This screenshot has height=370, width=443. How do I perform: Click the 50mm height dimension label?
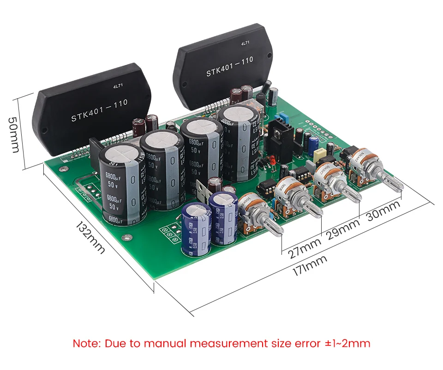coord(14,134)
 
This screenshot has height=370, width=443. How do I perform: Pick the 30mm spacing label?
coord(383,214)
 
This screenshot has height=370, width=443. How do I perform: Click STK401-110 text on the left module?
coord(99,111)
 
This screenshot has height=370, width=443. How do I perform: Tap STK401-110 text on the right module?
coord(229,67)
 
